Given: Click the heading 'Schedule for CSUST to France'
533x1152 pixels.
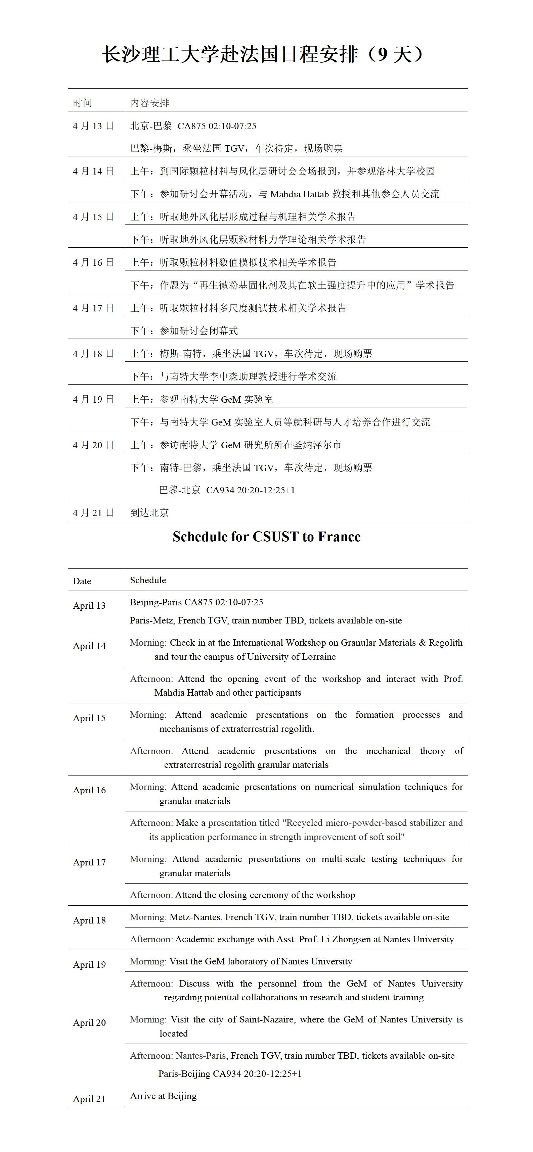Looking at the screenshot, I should (x=266, y=537).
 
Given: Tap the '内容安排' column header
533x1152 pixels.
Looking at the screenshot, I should (x=149, y=103).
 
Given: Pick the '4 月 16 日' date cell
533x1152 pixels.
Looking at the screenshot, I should (x=93, y=262).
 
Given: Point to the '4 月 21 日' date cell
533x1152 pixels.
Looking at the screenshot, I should (x=93, y=512).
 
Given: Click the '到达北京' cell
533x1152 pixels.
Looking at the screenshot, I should (x=149, y=512).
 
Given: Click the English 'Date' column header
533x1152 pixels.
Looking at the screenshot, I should (x=82, y=581).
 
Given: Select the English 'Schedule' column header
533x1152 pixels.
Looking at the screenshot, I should (x=148, y=580).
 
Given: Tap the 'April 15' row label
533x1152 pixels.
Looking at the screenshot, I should (x=89, y=718).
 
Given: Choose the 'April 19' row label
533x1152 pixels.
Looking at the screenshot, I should (x=89, y=965).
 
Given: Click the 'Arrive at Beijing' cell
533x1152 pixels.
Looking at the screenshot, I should (x=163, y=1096).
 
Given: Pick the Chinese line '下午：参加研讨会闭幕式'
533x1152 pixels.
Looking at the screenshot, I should (x=184, y=331).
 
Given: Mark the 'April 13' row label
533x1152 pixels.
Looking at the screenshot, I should (x=89, y=605).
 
